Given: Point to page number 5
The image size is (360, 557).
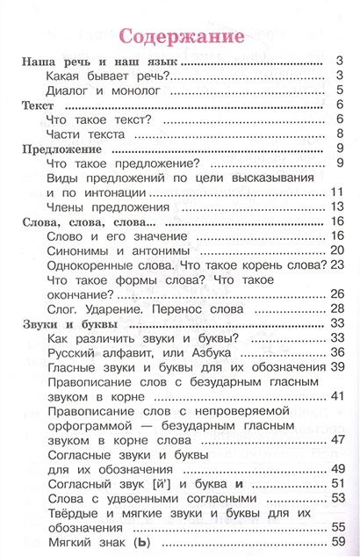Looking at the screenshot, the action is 338,90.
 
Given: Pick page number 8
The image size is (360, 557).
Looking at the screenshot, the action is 338,134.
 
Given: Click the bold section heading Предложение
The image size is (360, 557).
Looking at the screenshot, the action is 58,148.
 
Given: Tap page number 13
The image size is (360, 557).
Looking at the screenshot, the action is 335,206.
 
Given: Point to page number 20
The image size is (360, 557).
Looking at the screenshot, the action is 335,250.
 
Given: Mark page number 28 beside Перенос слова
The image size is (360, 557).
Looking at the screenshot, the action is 335,309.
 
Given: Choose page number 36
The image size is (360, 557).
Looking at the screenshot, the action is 335,353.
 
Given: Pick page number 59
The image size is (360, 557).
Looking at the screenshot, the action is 335,542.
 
